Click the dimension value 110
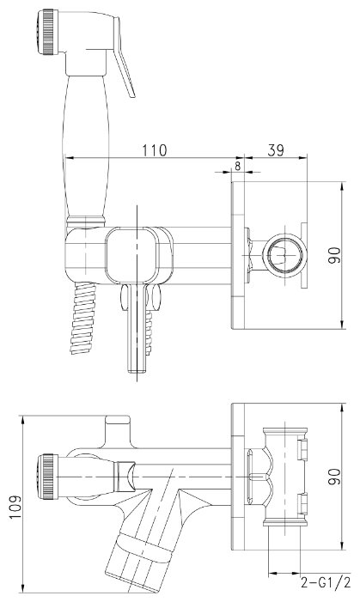tap(155, 150)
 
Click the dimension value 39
tap(276, 150)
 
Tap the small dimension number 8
tap(237, 166)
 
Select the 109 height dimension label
tap(15, 507)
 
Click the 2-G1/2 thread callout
tap(326, 583)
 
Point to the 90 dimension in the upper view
tap(334, 255)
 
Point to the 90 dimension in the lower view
tap(334, 477)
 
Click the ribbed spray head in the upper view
tap(48, 33)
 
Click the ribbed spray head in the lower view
tap(48, 477)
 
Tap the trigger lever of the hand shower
tap(124, 57)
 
